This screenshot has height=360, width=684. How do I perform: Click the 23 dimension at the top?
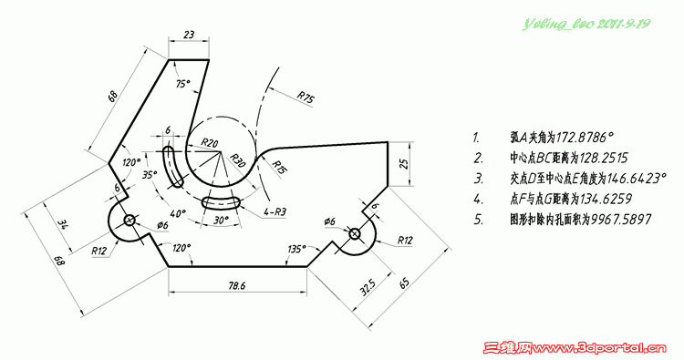pyautogui.click(x=189, y=34)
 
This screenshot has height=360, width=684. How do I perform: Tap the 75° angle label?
pyautogui.click(x=183, y=84)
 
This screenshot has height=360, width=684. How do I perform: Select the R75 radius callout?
pyautogui.click(x=306, y=98)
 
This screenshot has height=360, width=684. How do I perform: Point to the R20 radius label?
pyautogui.click(x=210, y=142)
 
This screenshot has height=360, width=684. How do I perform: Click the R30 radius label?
pyautogui.click(x=238, y=160)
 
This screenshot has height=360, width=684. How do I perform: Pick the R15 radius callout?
pyautogui.click(x=279, y=166)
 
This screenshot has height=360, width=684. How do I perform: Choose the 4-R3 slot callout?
pyautogui.click(x=275, y=212)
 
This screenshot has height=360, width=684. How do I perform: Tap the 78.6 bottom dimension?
pyautogui.click(x=237, y=285)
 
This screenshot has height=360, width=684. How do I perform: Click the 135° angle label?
pyautogui.click(x=295, y=249)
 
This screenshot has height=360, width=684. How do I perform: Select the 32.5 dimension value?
pyautogui.click(x=368, y=288)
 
